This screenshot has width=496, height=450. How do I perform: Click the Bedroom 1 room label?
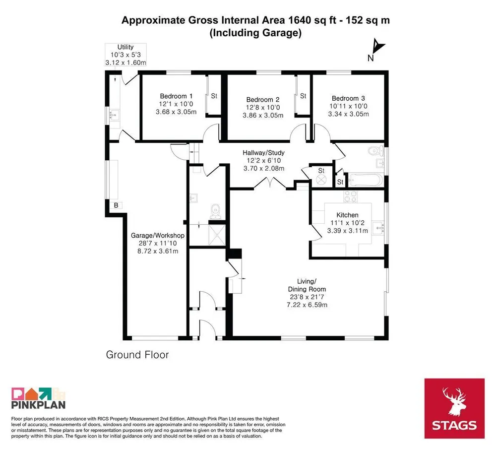coord(176,96)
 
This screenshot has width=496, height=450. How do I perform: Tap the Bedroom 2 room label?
coord(263,100)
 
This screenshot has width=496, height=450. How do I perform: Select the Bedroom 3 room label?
coord(348,98)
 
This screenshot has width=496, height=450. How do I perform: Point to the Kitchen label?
coord(347,215)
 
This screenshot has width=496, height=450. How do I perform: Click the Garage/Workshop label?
coord(158,236)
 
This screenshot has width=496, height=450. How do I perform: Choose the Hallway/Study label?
coord(263,152)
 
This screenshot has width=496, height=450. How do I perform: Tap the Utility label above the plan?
coord(125,47)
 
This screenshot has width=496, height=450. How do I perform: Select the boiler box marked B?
coord(116,205)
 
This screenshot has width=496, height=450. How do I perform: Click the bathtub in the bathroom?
coord(366,180)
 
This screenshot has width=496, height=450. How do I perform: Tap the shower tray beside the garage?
coord(217,235)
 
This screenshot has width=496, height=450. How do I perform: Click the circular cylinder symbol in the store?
coord(321,180)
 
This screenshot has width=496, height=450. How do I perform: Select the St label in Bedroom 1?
coord(214,96)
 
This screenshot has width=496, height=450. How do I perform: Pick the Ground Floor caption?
coord(137,355)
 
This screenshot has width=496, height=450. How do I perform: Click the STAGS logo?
coord(454,408)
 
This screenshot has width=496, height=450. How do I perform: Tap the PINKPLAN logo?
coord(38,398)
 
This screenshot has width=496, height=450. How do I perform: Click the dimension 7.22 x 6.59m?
coord(307,305)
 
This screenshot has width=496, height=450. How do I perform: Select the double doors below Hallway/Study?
coord(270,184)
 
